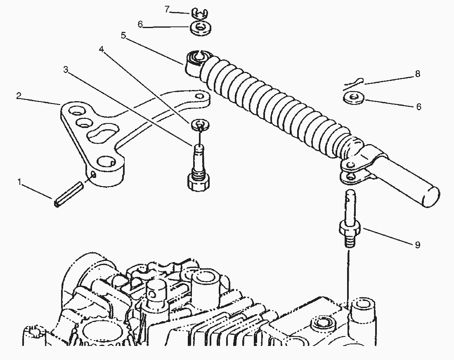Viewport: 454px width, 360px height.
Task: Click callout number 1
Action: [x=19, y=182]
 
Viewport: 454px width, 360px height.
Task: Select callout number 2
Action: [x=19, y=96]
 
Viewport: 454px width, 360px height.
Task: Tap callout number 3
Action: [x=66, y=70]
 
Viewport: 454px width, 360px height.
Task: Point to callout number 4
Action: [x=101, y=49]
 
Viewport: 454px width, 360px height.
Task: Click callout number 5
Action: [x=124, y=36]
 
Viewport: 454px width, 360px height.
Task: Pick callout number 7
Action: [x=167, y=9]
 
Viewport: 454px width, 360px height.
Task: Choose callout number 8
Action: [x=417, y=74]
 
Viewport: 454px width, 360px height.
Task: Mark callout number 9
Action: [x=417, y=245]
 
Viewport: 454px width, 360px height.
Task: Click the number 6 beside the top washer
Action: [x=140, y=25]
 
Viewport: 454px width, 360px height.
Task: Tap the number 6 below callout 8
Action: [x=419, y=107]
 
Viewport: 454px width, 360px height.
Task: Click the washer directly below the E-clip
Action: [x=200, y=28]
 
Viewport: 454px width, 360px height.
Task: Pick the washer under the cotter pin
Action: [x=354, y=98]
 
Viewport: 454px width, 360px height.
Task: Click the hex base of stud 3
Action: [x=199, y=182]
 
